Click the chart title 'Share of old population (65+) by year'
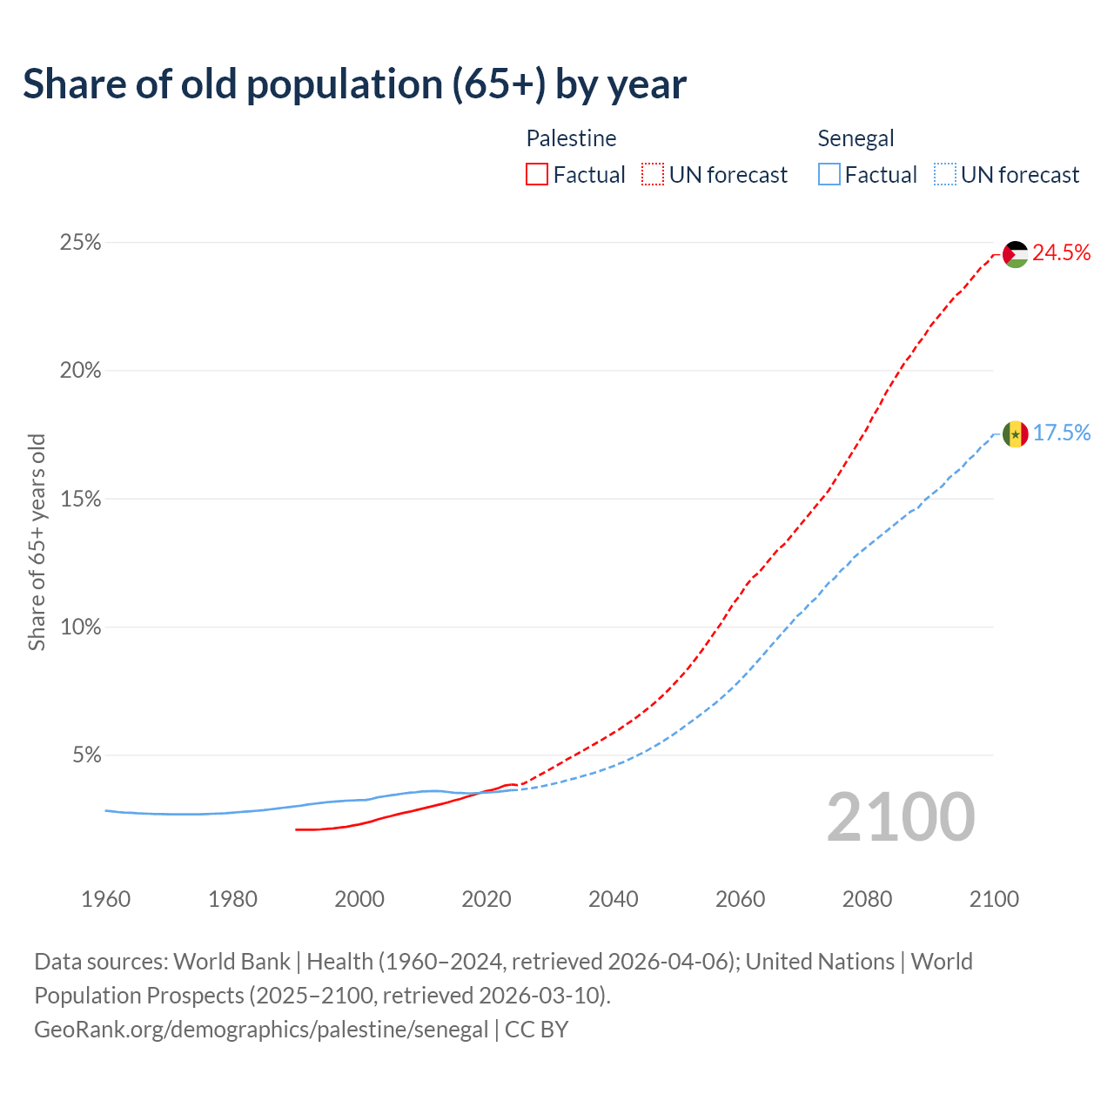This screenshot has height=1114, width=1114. coord(354,84)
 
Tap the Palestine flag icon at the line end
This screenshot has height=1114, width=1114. coord(1016,254)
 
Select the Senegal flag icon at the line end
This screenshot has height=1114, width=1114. coord(1016,433)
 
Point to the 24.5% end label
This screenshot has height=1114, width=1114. coord(1061,253)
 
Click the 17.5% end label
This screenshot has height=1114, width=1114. coord(1061,433)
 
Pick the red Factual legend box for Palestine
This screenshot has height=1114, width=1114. coord(537,175)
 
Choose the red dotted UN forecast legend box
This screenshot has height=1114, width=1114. coord(653,175)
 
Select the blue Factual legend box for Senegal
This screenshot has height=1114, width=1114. coord(829,175)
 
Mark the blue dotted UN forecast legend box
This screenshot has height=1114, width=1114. coord(945,175)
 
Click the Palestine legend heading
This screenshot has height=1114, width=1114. coord(571,138)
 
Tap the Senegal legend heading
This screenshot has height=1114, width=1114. coord(856,138)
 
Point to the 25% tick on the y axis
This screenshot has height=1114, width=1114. coord(80,243)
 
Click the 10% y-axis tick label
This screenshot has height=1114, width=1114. coord(80,627)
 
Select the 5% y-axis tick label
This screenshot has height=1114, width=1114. coord(86,755)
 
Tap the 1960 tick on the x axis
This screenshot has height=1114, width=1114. coord(105,899)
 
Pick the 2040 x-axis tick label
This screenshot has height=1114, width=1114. coord(614,899)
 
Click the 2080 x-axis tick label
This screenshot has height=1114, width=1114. coord(867,899)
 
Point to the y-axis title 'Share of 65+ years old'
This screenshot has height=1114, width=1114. coord(37,542)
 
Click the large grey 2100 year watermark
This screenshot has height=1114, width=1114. coord(901,817)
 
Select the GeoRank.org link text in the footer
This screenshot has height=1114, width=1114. coord(261,1030)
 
